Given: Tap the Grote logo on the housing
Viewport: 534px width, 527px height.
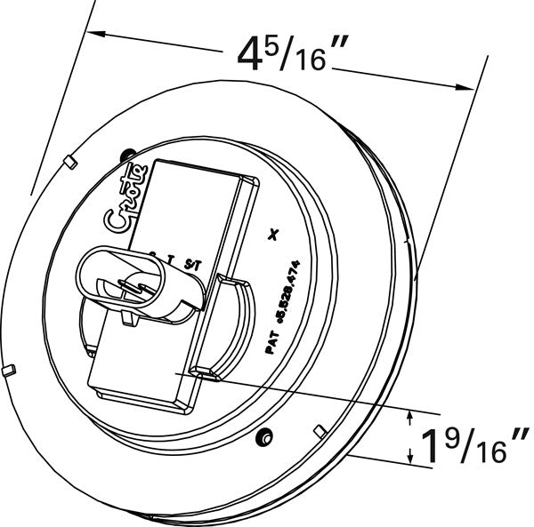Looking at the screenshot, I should (123, 203).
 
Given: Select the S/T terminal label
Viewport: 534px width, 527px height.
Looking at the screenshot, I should (192, 264).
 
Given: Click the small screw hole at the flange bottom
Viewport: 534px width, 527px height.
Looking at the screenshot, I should (263, 438).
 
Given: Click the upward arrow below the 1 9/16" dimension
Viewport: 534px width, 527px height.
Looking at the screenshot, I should (409, 456).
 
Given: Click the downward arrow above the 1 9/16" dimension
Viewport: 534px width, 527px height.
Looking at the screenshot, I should (409, 419).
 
